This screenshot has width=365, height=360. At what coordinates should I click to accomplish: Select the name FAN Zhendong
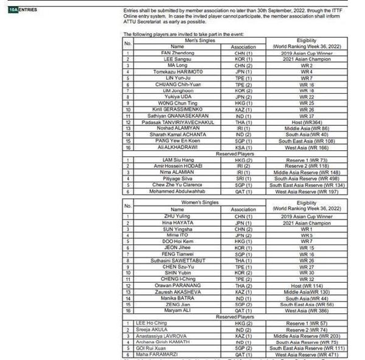pyautogui.click(x=177, y=53)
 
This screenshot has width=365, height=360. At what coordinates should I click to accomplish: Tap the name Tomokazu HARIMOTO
pyautogui.click(x=177, y=72)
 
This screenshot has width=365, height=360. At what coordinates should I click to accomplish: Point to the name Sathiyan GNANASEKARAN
pyautogui.click(x=177, y=116)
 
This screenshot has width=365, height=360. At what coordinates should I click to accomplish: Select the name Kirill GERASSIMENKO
pyautogui.click(x=177, y=109)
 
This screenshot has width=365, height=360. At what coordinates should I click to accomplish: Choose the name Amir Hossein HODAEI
pyautogui.click(x=177, y=166)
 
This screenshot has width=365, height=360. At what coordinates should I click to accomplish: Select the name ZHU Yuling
pyautogui.click(x=177, y=216)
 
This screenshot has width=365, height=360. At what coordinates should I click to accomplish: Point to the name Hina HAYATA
pyautogui.click(x=177, y=223)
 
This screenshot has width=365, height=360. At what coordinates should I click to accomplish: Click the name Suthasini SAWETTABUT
pyautogui.click(x=177, y=260)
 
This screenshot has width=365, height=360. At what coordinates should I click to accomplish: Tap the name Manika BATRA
pyautogui.click(x=177, y=297)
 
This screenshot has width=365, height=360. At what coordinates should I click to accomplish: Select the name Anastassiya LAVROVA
pyautogui.click(x=177, y=335)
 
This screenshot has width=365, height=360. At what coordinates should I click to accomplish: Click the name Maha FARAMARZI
pyautogui.click(x=177, y=354)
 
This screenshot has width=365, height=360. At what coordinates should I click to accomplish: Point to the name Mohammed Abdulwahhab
pyautogui.click(x=177, y=191)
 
